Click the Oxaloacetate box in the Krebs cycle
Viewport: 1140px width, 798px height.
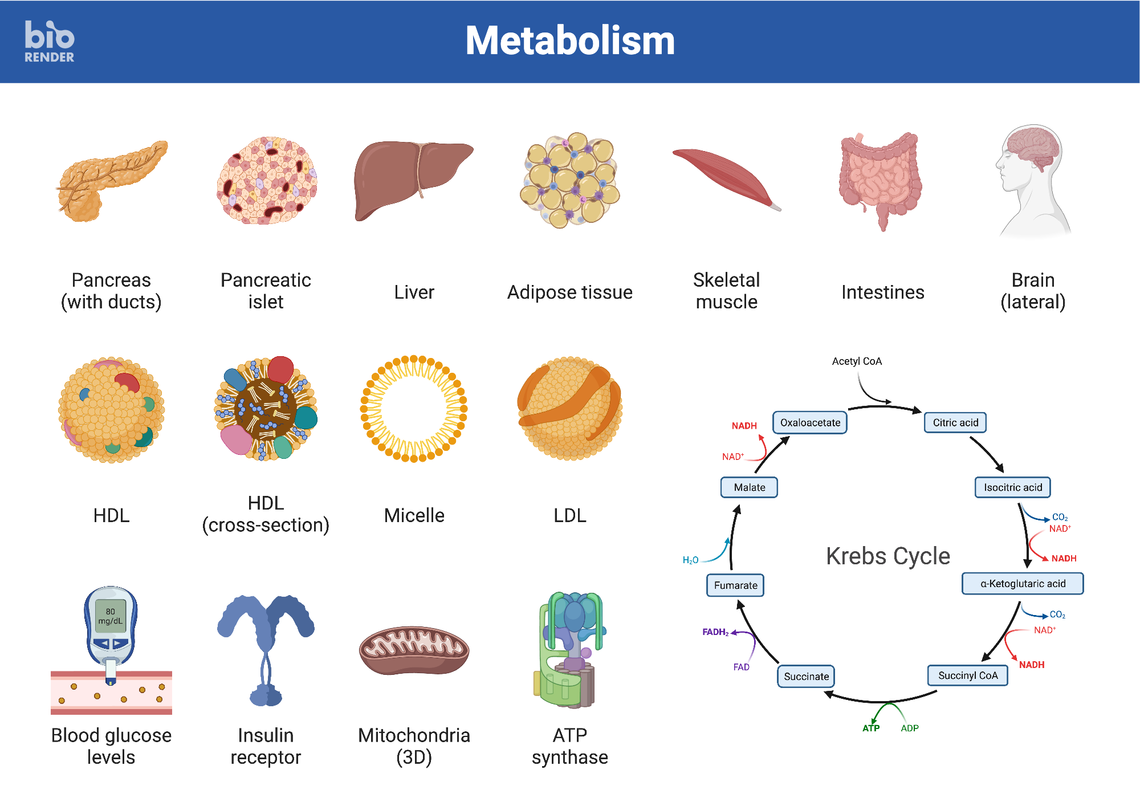(x=809, y=422)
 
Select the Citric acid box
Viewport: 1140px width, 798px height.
(x=955, y=422)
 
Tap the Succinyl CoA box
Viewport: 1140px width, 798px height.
(x=967, y=675)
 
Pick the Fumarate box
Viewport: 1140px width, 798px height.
(x=735, y=585)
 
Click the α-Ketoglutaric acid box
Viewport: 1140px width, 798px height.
(x=1023, y=584)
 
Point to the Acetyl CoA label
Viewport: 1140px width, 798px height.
(x=856, y=361)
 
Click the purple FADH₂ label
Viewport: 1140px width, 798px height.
(x=715, y=632)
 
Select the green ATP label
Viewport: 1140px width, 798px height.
(x=870, y=728)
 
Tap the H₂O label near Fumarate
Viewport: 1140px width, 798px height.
(x=690, y=560)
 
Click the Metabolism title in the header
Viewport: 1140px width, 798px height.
(x=570, y=41)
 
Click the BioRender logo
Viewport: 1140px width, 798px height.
(x=50, y=42)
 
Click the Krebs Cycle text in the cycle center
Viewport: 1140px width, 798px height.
(x=887, y=556)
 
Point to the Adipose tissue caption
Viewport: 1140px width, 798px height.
(x=569, y=292)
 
